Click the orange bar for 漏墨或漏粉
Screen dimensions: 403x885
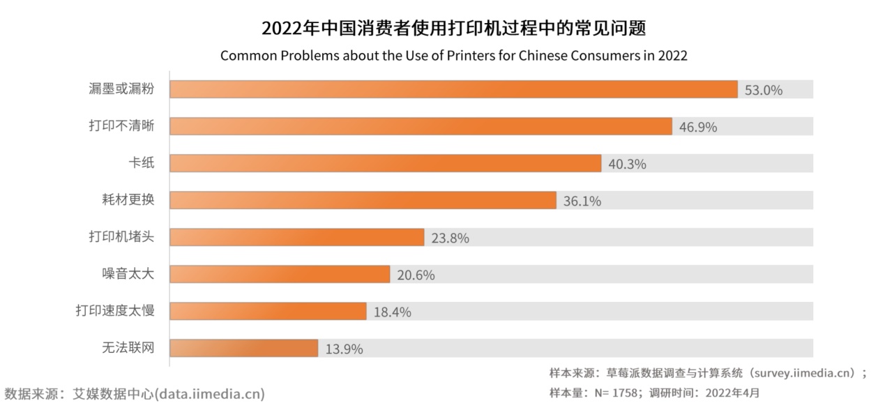click(453, 89)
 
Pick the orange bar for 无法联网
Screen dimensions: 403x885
click(243, 348)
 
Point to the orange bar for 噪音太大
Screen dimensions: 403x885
click(279, 274)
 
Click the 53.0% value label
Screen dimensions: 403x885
click(764, 90)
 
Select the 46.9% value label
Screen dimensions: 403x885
click(698, 127)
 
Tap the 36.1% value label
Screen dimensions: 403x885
click(582, 201)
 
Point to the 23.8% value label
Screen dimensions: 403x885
click(450, 238)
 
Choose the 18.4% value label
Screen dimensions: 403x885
click(392, 312)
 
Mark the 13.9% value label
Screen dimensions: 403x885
click(344, 349)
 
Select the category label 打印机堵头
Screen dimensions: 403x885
click(121, 237)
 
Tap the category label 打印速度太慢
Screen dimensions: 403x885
click(114, 311)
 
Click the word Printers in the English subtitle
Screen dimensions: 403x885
click(447, 56)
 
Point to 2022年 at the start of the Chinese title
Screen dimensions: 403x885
click(290, 29)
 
